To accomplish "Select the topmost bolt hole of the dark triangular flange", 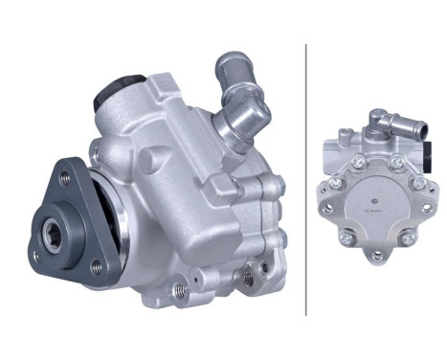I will point(65,176).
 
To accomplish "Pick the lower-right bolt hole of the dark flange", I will point(96,269).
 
